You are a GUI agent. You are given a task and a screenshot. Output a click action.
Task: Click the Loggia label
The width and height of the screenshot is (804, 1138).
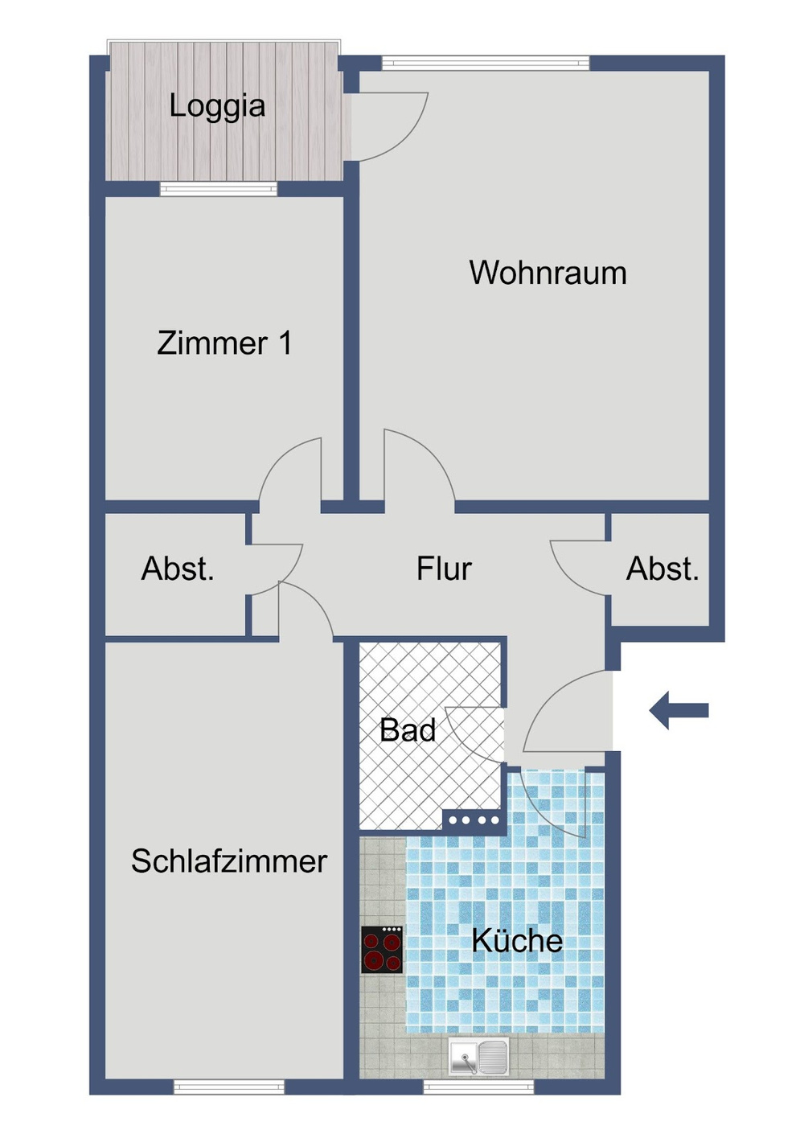[x=217, y=106]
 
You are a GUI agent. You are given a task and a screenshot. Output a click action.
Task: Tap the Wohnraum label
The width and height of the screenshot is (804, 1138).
[x=548, y=273]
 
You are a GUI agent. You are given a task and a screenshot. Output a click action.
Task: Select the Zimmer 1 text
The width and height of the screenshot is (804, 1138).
[x=224, y=343]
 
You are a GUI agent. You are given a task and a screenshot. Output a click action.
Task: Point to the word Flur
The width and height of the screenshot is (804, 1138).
[x=444, y=569]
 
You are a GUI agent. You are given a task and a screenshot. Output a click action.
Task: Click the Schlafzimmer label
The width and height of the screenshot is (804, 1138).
[x=229, y=861]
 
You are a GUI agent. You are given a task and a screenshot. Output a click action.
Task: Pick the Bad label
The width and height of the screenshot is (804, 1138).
[x=408, y=730]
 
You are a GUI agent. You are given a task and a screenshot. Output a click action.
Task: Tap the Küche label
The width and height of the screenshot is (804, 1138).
[x=517, y=940]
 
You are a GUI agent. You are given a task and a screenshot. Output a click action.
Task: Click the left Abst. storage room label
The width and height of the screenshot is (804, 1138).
[x=178, y=569]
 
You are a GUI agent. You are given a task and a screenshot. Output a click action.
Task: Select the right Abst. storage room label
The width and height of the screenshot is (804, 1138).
[x=662, y=569]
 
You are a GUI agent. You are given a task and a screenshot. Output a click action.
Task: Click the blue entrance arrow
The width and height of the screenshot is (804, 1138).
[x=679, y=710]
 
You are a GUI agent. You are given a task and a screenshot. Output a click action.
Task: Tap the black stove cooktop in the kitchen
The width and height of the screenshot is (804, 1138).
[x=382, y=950]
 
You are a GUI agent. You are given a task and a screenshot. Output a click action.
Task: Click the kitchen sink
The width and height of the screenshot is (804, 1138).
[x=478, y=1056]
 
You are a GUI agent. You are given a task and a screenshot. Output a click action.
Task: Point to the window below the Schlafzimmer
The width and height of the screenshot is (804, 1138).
[x=229, y=1087]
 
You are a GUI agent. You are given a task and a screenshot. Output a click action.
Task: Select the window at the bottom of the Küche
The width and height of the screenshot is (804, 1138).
[x=478, y=1087]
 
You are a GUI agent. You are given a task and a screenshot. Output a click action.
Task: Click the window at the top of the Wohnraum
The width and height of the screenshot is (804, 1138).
[x=486, y=63]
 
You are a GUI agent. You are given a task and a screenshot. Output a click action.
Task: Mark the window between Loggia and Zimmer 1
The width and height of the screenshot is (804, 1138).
[x=218, y=189]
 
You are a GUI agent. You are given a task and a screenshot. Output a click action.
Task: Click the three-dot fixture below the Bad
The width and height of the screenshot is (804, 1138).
[x=474, y=820]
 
